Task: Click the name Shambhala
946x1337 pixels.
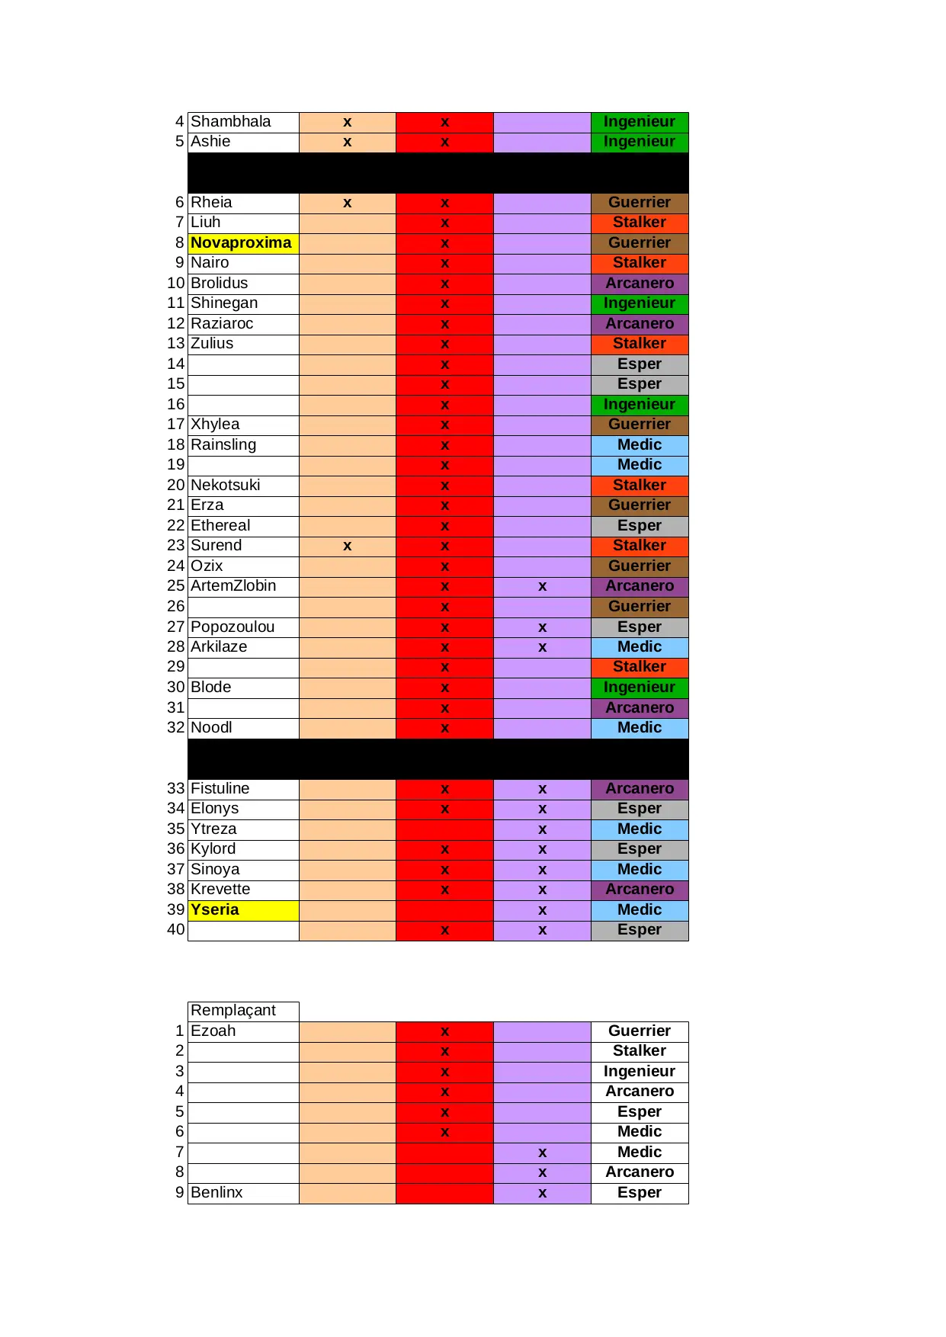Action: [x=230, y=122]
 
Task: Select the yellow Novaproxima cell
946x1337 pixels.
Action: [x=241, y=243]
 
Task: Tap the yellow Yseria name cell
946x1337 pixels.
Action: [x=215, y=910]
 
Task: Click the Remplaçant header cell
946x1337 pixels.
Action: [x=233, y=1011]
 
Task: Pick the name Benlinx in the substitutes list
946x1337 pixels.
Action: [x=216, y=1193]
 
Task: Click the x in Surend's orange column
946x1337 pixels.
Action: [x=347, y=546]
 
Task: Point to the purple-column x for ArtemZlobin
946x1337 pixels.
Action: [x=542, y=586]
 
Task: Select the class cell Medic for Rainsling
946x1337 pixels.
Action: [x=640, y=445]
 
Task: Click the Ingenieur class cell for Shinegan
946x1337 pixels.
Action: [x=640, y=303]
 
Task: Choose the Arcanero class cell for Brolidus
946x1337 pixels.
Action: [x=640, y=284]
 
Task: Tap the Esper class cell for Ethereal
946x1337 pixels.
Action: [x=640, y=526]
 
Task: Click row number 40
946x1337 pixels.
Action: [x=176, y=930]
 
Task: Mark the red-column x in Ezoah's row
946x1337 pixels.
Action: [x=444, y=1031]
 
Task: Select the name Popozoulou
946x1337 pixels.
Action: [x=232, y=627]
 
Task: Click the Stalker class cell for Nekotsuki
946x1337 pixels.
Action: [x=640, y=486]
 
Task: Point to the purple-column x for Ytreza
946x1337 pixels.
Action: [x=542, y=829]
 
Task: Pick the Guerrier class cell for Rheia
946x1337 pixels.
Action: [x=640, y=203]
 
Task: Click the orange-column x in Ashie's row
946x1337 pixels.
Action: [x=347, y=142]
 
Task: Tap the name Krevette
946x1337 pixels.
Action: [x=220, y=890]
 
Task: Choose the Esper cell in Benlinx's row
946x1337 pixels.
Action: [x=640, y=1193]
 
